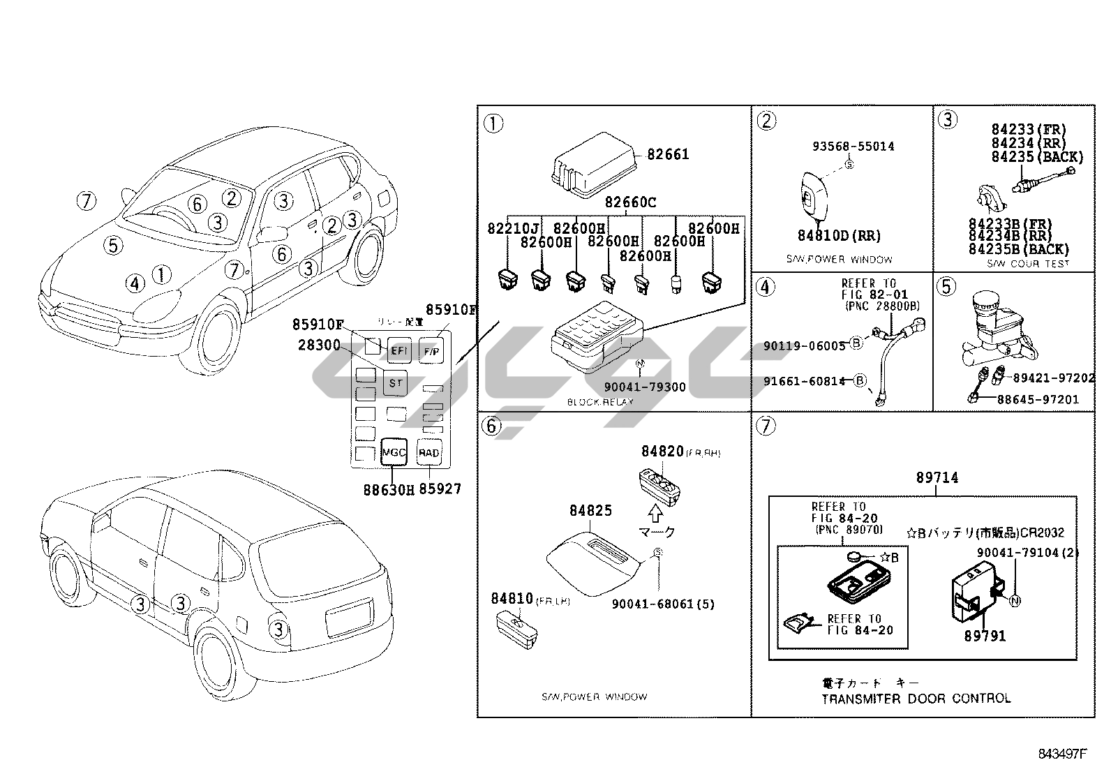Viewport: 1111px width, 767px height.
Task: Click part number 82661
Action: click(668, 154)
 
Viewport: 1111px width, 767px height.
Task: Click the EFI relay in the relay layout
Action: click(398, 350)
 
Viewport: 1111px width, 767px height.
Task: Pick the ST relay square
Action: click(395, 382)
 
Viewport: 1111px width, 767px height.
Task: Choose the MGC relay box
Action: click(394, 452)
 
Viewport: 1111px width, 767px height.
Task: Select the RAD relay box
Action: click(428, 452)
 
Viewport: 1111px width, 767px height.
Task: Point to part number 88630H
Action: click(389, 490)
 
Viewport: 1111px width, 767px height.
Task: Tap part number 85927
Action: click(440, 490)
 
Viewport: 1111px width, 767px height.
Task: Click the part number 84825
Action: click(590, 511)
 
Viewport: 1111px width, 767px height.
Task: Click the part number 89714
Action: click(937, 478)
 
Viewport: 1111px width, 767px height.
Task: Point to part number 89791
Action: click(985, 636)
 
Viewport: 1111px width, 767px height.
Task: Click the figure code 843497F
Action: click(1063, 754)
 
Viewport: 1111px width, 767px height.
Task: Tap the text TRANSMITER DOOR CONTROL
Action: click(916, 699)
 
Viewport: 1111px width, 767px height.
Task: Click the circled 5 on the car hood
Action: click(114, 245)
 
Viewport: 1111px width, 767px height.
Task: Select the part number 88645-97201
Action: click(1037, 400)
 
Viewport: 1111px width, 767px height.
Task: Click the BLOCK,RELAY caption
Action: click(600, 402)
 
